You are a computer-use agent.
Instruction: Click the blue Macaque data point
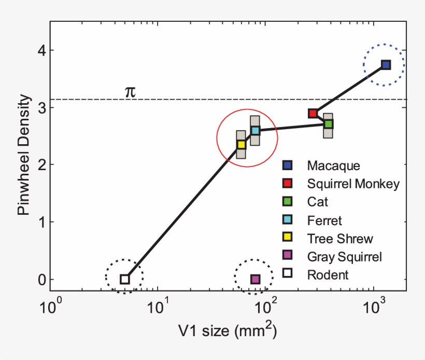(386, 65)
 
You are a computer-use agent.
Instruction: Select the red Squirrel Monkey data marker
(313, 113)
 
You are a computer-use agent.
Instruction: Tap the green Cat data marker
(328, 124)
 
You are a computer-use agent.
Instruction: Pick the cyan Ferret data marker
(255, 130)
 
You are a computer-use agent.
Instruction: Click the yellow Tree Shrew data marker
(241, 144)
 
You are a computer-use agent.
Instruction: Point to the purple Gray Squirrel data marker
(255, 279)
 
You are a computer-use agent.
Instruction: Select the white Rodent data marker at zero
(124, 279)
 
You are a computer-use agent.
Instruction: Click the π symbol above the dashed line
(130, 91)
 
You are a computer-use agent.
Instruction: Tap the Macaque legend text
(333, 165)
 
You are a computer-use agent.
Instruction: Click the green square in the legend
(287, 202)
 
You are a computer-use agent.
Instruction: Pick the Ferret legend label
(324, 220)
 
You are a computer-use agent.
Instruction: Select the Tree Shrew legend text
(339, 239)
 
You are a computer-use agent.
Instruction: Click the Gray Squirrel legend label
(344, 257)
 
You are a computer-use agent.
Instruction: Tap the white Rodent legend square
(287, 274)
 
